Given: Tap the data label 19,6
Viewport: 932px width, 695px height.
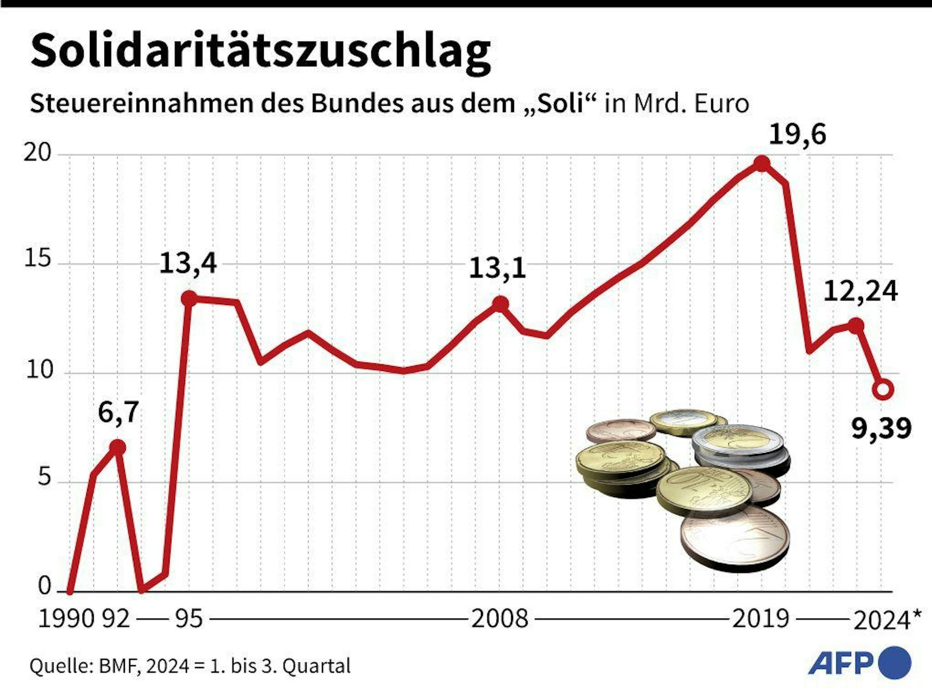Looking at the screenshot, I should pyautogui.click(x=797, y=135).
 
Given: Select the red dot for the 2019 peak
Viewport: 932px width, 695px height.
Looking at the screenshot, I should pyautogui.click(x=762, y=164).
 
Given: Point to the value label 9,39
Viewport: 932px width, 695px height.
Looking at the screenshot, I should pyautogui.click(x=881, y=428).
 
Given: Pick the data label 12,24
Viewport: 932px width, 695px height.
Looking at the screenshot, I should pyautogui.click(x=860, y=292).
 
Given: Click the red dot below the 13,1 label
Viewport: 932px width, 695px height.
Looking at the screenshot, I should pyautogui.click(x=500, y=304).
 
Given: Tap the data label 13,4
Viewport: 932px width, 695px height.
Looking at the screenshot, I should pyautogui.click(x=188, y=263).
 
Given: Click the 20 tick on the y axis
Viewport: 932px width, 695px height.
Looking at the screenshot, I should pyautogui.click(x=37, y=153).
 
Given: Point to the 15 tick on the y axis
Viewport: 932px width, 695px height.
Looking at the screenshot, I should pyautogui.click(x=37, y=258).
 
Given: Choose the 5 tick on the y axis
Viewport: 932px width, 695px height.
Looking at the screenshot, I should pyautogui.click(x=44, y=477).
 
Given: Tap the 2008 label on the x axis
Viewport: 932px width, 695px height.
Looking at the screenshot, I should pyautogui.click(x=500, y=619).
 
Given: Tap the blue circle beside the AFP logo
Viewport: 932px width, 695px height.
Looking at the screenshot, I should pyautogui.click(x=895, y=662).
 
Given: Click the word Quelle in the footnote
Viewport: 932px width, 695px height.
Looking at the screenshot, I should pyautogui.click(x=61, y=666).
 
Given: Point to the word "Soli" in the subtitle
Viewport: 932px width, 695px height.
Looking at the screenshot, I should pyautogui.click(x=561, y=104).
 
